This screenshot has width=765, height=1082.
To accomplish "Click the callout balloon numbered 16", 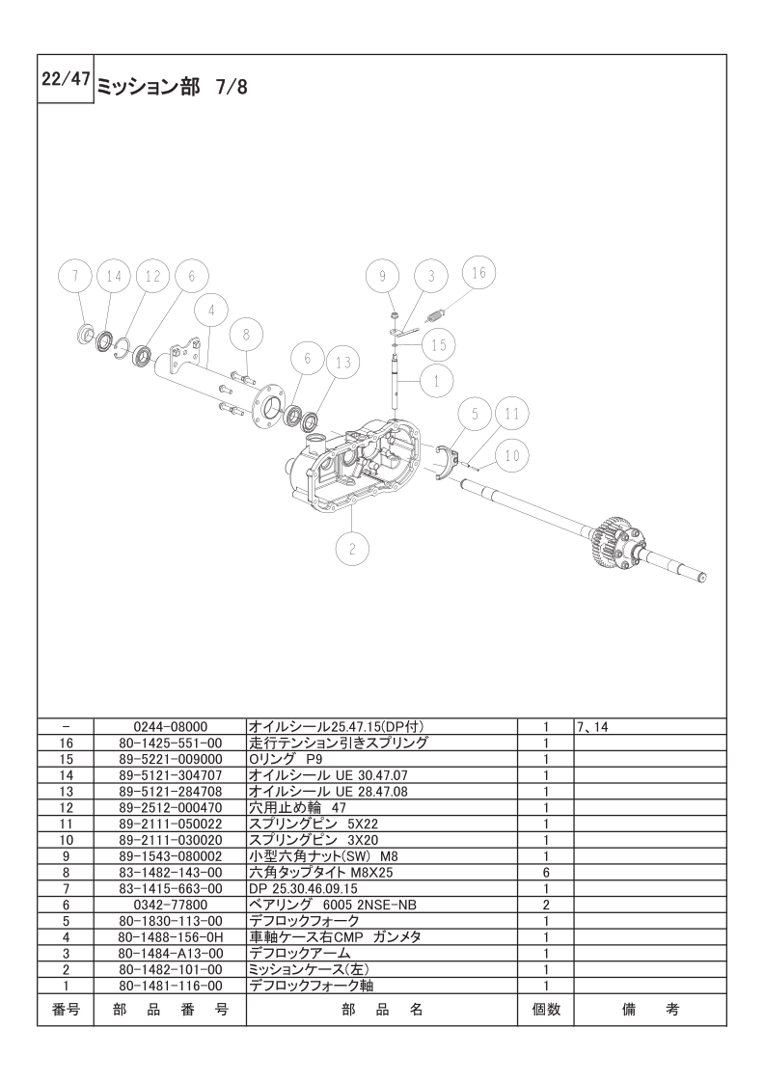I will tap(478, 273).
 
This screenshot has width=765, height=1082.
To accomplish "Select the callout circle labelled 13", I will tap(342, 362).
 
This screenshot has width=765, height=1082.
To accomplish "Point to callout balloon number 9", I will tap(382, 276).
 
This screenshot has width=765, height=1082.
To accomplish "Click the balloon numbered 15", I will tap(438, 344).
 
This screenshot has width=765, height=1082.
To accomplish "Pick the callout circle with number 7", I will tap(75, 276).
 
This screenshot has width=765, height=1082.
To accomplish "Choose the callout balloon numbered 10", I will tap(512, 454).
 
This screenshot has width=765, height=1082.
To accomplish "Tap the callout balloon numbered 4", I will tap(210, 311).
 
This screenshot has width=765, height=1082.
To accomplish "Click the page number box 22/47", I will tap(65, 81).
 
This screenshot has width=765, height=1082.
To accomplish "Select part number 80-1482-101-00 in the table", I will tap(170, 969).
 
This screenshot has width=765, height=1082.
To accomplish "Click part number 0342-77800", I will tap(170, 905).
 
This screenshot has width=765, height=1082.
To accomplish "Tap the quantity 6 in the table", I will tap(545, 872).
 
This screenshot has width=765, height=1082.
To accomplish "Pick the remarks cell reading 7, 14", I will tap(592, 726).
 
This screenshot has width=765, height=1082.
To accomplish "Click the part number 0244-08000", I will tap(170, 726).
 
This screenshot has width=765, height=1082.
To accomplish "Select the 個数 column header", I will tap(545, 1010).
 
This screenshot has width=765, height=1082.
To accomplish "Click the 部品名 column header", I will tap(382, 1010).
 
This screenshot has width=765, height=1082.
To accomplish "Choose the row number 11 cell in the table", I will tap(66, 824).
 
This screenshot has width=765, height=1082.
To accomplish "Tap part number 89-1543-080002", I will tap(170, 855).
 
